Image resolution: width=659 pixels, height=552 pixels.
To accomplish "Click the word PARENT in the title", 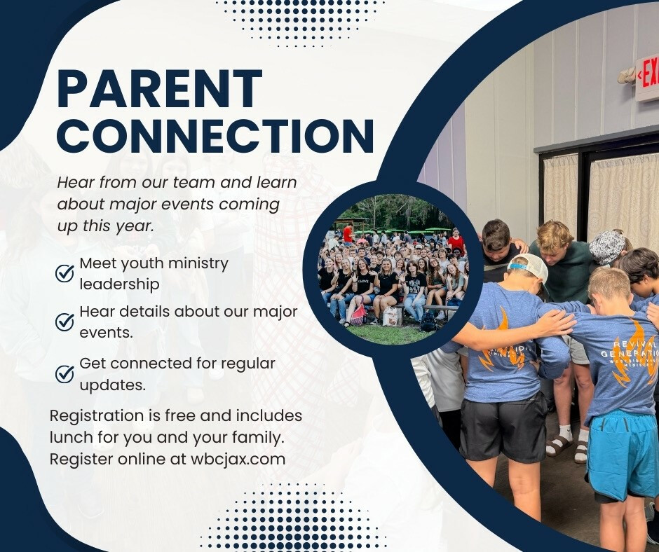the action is [160, 90].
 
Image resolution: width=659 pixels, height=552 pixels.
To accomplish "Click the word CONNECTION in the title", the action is [216, 136].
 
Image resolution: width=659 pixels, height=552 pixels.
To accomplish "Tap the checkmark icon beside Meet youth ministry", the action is [64, 273].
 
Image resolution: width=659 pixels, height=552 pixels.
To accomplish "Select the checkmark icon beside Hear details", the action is [64, 322].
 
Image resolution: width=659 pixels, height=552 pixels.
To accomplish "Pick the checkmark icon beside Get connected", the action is [64, 374].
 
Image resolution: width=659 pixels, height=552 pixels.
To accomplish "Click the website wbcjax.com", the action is [238, 459].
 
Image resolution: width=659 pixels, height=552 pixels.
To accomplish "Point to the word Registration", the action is [97, 416].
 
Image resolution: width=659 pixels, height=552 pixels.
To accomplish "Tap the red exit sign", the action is [647, 79].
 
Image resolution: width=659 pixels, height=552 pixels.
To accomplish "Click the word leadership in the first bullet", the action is [119, 284].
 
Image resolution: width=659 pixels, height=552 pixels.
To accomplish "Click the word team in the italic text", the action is [193, 183].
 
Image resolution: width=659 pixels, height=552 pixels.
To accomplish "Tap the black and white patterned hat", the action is [607, 247].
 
